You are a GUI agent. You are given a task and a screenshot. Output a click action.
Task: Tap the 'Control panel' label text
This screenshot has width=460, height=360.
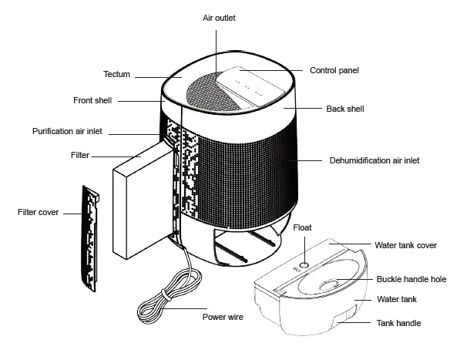(334, 70)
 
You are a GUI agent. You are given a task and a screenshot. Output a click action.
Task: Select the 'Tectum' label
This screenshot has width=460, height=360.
(117, 74)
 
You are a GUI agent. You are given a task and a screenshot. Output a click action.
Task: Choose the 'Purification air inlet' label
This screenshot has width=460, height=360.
(68, 131)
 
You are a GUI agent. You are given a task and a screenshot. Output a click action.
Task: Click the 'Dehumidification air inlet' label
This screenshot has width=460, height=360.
(374, 160)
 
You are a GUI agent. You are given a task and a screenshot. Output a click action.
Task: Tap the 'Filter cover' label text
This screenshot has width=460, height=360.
(38, 211)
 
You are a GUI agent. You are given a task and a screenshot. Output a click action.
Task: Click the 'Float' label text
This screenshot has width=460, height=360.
(303, 227)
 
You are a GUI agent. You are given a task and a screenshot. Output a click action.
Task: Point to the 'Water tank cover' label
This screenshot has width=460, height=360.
(406, 245)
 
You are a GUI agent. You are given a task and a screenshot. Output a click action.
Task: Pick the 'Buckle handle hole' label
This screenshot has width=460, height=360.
(411, 279)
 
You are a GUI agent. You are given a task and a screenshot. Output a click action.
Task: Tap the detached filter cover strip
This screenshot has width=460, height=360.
(92, 240)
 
